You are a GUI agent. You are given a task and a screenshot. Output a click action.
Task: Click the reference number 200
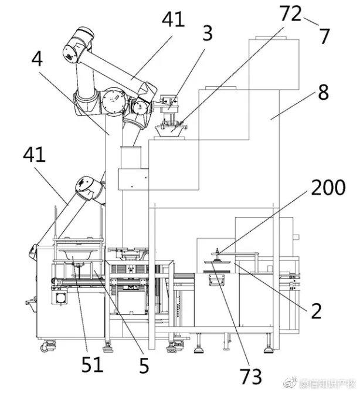[328, 187]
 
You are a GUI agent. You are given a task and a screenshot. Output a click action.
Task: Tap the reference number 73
[251, 376]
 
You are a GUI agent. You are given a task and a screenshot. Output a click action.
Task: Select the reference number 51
[93, 364]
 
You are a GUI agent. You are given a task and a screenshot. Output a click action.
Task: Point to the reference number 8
[323, 92]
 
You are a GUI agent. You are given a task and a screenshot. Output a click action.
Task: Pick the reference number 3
[208, 33]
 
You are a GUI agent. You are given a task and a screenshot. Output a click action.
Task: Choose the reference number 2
[316, 311]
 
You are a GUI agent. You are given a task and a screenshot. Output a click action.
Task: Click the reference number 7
[324, 36]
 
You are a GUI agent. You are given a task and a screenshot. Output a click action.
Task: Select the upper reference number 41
[173, 19]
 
